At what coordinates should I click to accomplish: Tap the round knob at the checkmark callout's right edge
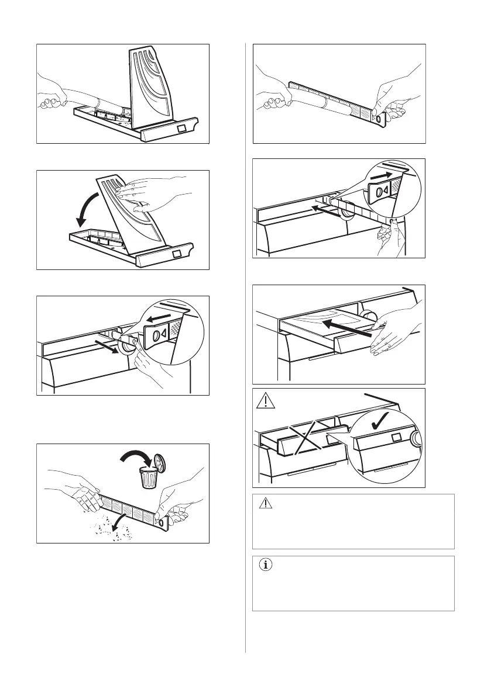(416, 439)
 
